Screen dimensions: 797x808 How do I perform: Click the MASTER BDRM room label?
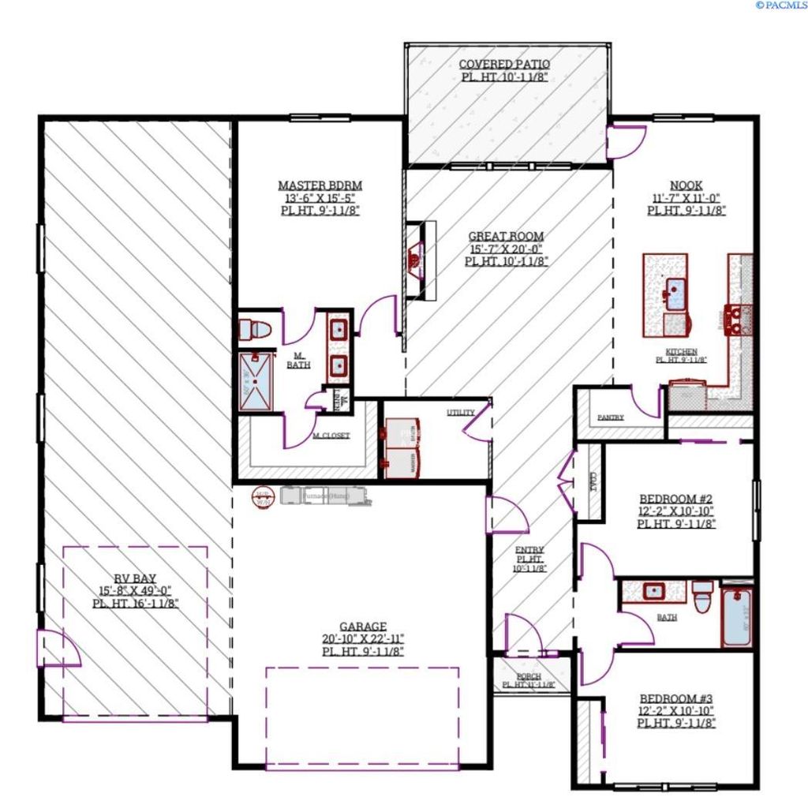(320, 185)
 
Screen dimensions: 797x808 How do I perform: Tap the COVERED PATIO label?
(504, 64)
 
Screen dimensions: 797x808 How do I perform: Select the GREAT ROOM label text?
(506, 236)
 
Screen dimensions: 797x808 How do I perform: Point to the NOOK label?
(686, 185)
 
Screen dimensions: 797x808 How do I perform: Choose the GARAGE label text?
(363, 626)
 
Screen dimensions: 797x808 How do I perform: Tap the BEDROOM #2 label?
(675, 499)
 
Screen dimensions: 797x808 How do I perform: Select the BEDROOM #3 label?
(675, 698)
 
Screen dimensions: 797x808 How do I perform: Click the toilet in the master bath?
(256, 329)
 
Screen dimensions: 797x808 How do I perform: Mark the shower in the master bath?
(256, 381)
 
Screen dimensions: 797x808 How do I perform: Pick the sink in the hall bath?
(653, 590)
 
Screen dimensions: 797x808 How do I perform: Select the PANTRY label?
(611, 417)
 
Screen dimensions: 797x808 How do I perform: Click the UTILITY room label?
(460, 413)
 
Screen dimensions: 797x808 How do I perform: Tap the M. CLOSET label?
(331, 435)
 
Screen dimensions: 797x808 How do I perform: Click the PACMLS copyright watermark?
(780, 6)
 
